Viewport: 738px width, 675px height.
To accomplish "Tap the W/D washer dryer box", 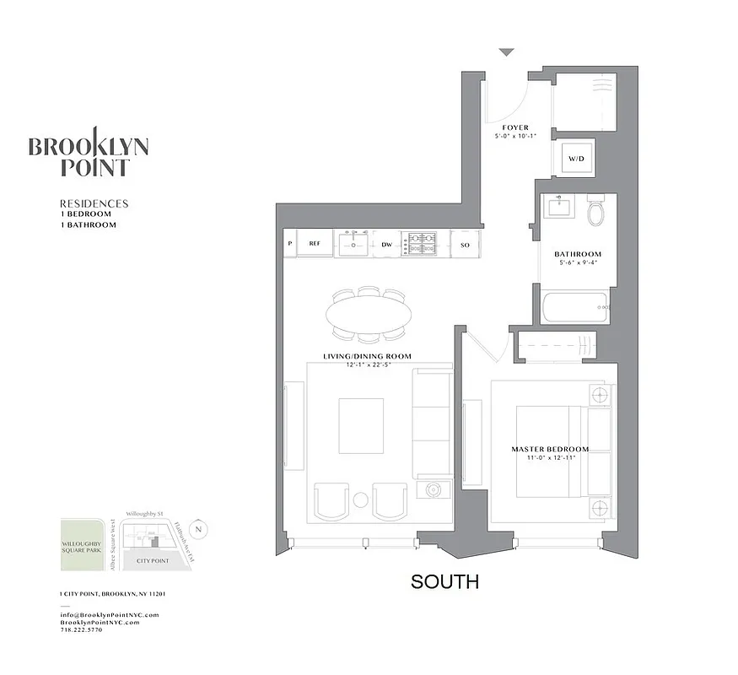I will (575, 158).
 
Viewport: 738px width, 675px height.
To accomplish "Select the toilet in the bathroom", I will (596, 212).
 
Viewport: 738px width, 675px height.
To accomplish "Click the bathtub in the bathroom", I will (575, 307).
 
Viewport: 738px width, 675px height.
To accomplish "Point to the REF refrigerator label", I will (315, 243).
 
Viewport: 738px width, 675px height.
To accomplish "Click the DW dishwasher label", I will (386, 243).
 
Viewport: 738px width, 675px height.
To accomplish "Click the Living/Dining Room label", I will (368, 357).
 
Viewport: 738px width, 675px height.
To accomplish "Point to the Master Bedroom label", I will (550, 449).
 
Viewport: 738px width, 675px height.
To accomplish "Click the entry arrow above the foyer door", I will (505, 52).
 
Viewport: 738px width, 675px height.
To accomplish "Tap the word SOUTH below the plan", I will (444, 581).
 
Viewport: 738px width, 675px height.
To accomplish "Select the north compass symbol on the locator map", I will (199, 529).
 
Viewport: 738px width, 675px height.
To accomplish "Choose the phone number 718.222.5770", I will (82, 630).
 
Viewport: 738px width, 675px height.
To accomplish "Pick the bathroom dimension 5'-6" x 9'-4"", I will (578, 263).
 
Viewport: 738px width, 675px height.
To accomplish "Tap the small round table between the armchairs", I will (360, 499).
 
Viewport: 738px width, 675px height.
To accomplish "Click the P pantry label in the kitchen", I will (290, 243).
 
